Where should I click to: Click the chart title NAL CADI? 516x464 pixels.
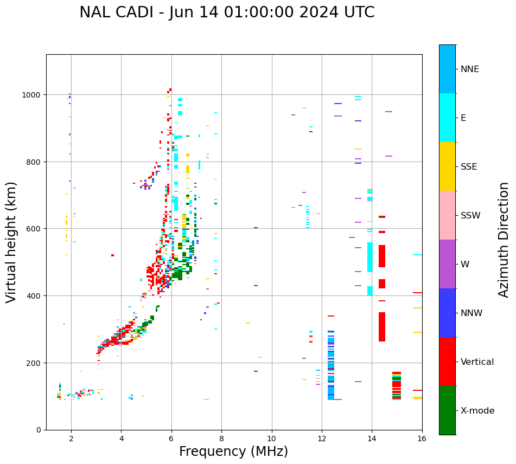coord(227,12)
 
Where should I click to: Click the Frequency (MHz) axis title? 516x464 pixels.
coord(233,452)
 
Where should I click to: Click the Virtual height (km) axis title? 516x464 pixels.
coord(11,242)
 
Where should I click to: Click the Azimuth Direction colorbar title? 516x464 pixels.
coord(504,240)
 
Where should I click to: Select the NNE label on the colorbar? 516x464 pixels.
coord(470,69)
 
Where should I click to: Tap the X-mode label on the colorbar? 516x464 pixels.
coord(477,411)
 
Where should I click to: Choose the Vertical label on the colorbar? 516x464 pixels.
coord(477,362)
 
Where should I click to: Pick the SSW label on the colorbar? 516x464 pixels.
coord(470,216)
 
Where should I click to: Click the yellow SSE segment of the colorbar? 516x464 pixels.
coord(447,166)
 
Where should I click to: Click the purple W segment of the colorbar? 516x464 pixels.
coord(447,264)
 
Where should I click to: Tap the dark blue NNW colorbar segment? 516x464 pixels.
coord(447,313)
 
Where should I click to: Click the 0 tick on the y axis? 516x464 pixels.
coord(39,430)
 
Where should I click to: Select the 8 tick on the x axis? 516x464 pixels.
coord(221,439)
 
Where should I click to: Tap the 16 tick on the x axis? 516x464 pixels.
coord(422,439)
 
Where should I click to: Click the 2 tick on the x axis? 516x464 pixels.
coord(71,439)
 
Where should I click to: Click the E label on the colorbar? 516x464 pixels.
coord(463,118)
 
